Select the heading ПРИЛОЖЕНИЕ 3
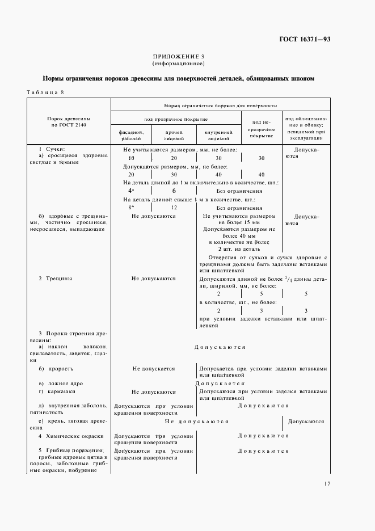pyautogui.click(x=179, y=57)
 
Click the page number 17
pyautogui.click(x=327, y=483)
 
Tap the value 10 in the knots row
pyautogui.click(x=131, y=158)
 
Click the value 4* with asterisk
pyautogui.click(x=131, y=191)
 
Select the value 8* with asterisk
pyautogui.click(x=131, y=208)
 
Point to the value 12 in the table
pyautogui.click(x=174, y=208)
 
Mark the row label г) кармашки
pyautogui.click(x=57, y=391)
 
